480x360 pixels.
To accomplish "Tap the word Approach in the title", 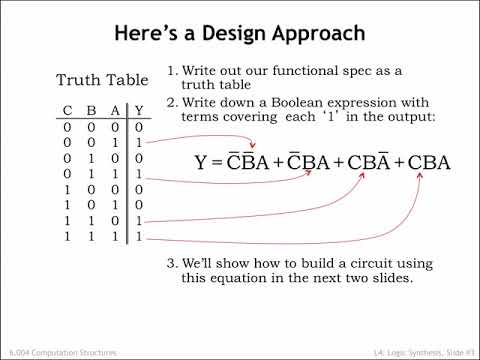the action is click(x=319, y=34).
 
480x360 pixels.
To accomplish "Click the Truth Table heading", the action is click(x=102, y=80).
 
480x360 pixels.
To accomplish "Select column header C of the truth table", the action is click(x=67, y=110).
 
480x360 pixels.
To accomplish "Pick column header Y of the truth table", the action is click(x=139, y=110).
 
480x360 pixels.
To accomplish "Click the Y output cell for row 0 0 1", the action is click(x=139, y=143).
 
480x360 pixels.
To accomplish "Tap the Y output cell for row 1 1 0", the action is click(x=139, y=221).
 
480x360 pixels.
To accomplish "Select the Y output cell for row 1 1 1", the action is click(x=139, y=236).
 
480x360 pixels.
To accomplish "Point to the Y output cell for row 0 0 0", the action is click(x=139, y=127).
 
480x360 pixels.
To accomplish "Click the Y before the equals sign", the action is click(x=201, y=163).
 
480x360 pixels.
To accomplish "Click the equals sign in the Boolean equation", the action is click(x=217, y=163).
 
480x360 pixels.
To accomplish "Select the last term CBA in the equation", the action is click(x=429, y=163).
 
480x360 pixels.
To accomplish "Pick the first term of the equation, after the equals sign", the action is click(x=248, y=161).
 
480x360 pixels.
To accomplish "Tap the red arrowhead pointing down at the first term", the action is click(x=253, y=145).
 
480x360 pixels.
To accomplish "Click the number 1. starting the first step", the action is click(x=172, y=71).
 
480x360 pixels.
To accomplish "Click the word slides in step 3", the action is click(x=392, y=278).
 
